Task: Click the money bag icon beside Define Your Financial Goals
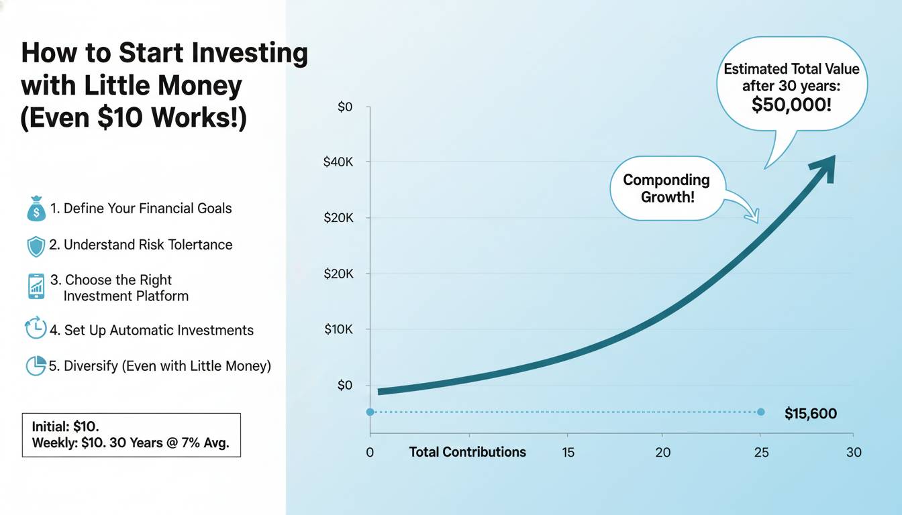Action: pyautogui.click(x=36, y=209)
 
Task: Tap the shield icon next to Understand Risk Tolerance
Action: pyautogui.click(x=36, y=246)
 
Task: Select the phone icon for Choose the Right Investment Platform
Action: pyautogui.click(x=37, y=286)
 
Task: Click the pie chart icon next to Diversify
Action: pyautogui.click(x=36, y=365)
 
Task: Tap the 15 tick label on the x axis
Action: pyautogui.click(x=568, y=452)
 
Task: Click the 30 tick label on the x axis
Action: pyautogui.click(x=853, y=452)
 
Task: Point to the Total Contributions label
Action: pyautogui.click(x=468, y=452)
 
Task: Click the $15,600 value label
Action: pyautogui.click(x=811, y=414)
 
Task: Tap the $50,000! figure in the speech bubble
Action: pyautogui.click(x=791, y=104)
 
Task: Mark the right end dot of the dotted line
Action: pyautogui.click(x=760, y=412)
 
